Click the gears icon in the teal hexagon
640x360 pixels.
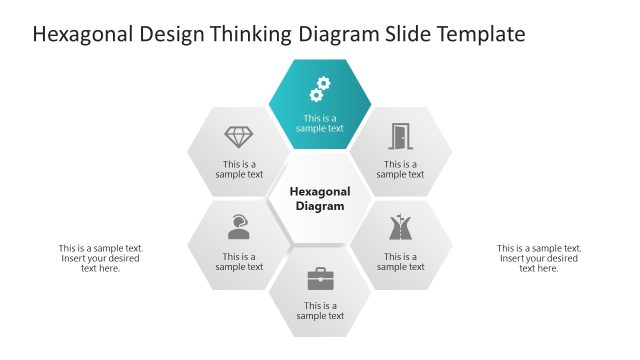coord(320,90)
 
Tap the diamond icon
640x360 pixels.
coord(239,137)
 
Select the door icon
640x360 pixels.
coord(400,136)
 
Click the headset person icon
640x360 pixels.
coord(239,227)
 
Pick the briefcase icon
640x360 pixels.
coord(320,278)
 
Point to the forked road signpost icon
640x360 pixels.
coord(400,228)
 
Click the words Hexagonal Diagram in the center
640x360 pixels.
coord(320,198)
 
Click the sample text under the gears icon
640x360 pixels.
coord(320,123)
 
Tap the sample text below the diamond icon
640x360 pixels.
coord(239,169)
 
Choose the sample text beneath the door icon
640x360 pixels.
coord(400,169)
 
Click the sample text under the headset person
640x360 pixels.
coord(239,261)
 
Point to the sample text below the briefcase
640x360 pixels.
coord(320,311)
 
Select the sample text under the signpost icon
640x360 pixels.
coord(400,261)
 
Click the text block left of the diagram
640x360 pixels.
coord(101,258)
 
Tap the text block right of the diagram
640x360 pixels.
coord(539,258)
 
